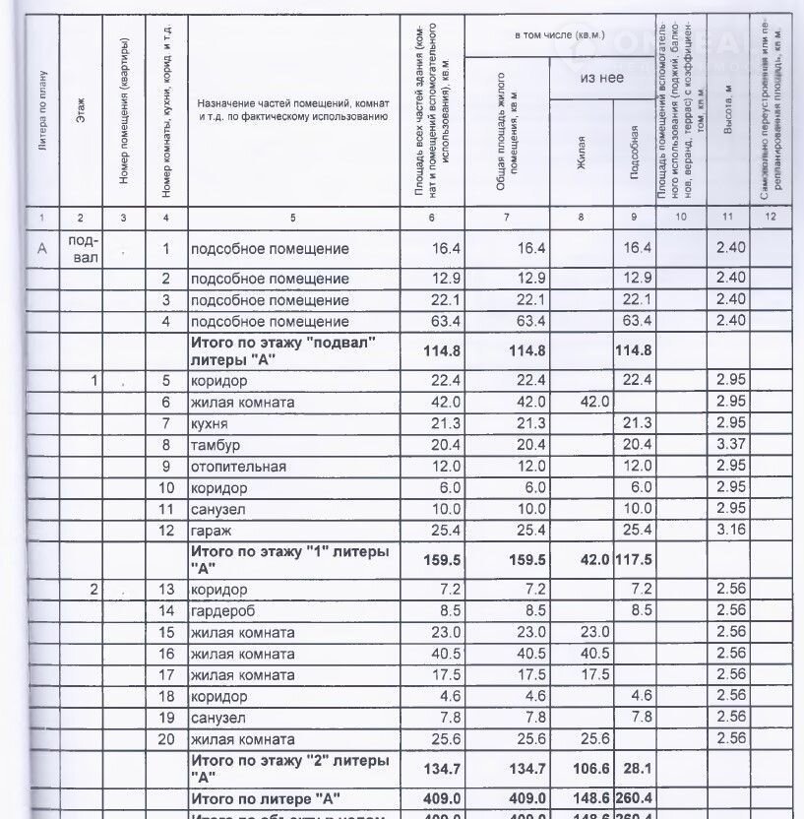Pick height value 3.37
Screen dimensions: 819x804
coord(730,446)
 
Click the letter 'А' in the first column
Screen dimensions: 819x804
coord(41,249)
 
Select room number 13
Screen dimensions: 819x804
coord(167,590)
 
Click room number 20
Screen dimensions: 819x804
coord(167,740)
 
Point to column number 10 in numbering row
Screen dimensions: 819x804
coord(679,216)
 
